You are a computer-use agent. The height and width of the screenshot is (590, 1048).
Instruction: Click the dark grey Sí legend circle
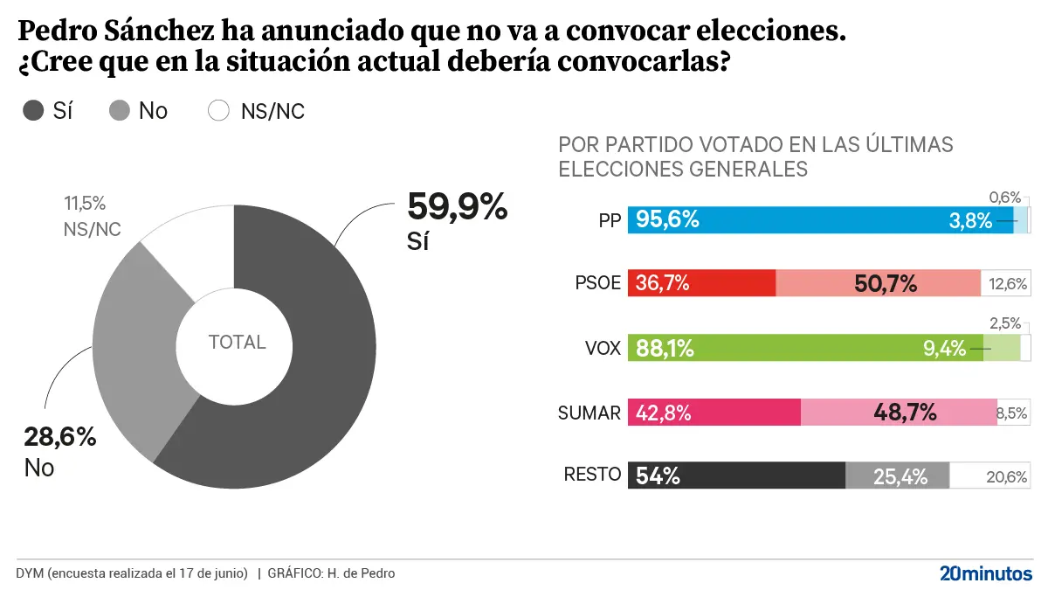33,111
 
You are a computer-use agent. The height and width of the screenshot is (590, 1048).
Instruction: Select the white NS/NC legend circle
218,111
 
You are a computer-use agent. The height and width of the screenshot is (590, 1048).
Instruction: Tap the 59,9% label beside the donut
457,207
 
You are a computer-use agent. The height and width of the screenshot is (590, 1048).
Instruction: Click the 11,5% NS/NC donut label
85,204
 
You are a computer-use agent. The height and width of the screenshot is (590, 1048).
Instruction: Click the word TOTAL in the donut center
237,343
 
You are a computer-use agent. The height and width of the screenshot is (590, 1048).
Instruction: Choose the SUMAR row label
589,413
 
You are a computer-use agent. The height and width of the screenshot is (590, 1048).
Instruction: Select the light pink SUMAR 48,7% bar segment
898,413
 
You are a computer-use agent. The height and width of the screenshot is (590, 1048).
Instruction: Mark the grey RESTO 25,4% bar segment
897,476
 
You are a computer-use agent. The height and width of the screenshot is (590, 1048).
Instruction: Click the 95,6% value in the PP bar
667,219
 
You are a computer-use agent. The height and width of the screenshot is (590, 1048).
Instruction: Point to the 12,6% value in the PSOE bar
1008,284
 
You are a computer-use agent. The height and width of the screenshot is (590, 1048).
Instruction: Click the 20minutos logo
985,573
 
